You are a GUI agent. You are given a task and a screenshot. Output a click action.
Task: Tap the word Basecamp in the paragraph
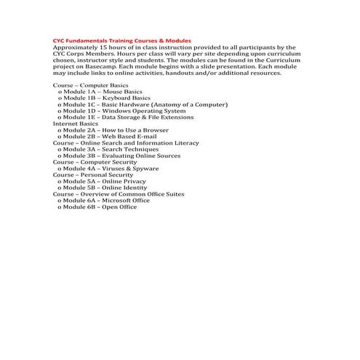point(92,66)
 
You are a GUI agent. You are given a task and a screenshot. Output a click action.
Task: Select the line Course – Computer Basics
point(90,86)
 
